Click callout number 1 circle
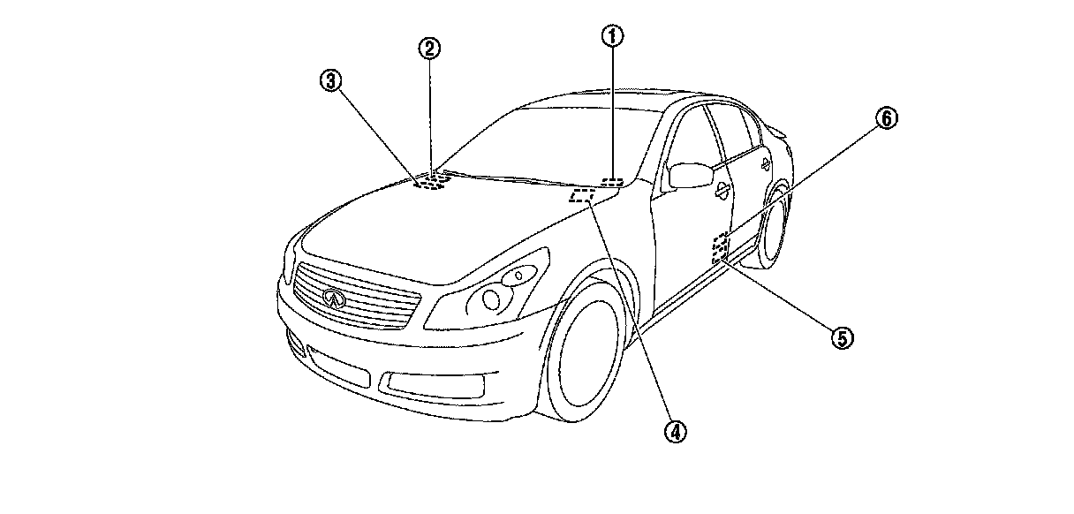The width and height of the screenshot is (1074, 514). tap(613, 36)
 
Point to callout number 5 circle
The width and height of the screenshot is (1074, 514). tap(840, 336)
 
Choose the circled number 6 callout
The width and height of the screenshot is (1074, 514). tap(887, 118)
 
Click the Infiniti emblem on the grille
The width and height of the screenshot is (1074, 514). tap(333, 298)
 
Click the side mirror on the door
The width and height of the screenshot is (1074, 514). tap(691, 175)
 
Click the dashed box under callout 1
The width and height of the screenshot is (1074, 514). tap(611, 183)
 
